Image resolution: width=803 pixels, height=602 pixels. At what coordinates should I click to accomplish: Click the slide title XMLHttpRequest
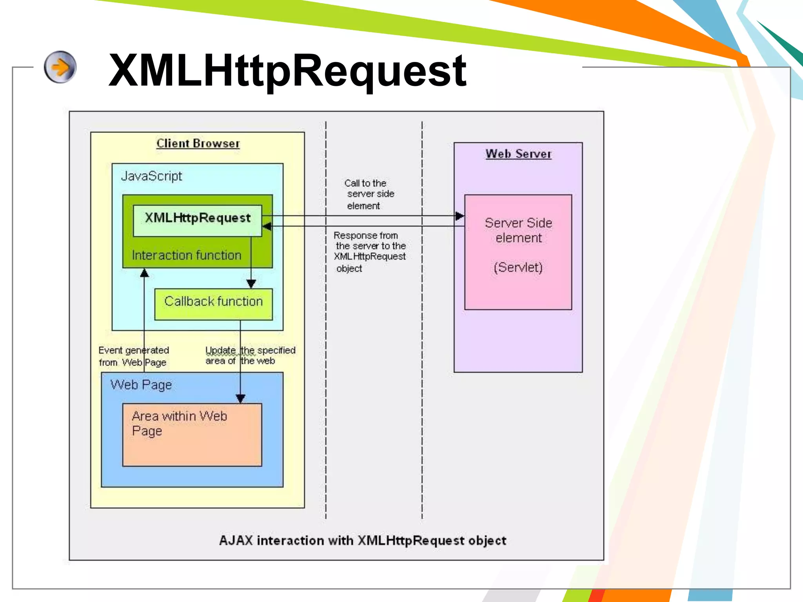click(x=287, y=71)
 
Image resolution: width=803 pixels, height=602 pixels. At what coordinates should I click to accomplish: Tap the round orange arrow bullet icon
click(x=60, y=67)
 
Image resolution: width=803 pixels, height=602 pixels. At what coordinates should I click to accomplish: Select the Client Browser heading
click(x=198, y=143)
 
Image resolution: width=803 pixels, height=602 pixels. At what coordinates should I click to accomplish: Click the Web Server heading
click(x=518, y=154)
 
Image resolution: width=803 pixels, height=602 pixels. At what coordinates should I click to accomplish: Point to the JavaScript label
click(x=151, y=176)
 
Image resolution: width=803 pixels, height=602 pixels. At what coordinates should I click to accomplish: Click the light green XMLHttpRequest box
click(x=197, y=220)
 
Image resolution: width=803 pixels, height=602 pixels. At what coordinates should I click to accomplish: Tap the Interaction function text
click(x=186, y=255)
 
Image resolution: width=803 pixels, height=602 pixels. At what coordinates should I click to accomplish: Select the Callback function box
click(x=213, y=305)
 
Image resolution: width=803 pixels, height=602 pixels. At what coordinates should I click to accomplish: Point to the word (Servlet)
click(x=518, y=267)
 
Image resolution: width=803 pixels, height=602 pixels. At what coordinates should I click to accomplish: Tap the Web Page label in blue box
click(x=141, y=385)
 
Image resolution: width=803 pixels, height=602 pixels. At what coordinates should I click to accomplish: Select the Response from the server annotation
click(x=369, y=251)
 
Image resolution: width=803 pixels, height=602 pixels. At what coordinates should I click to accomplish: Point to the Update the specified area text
click(x=250, y=355)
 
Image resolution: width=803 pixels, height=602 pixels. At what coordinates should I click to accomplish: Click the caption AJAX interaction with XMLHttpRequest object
click(x=362, y=540)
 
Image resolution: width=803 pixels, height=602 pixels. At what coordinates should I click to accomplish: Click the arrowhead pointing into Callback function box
click(x=251, y=284)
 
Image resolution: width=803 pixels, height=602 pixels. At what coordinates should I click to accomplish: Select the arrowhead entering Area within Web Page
click(x=240, y=399)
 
